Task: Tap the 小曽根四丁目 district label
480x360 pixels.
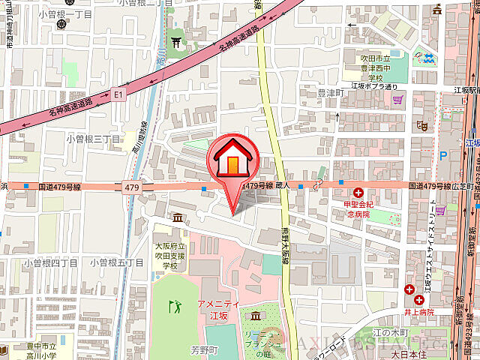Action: pos(50,262)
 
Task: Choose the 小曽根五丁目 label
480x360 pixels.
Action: pos(115,262)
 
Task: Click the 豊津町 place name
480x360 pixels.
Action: pos(330,93)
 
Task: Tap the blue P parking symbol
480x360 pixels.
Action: pos(442,156)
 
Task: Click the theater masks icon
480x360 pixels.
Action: pos(422,126)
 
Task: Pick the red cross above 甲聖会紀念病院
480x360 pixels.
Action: pos(358,193)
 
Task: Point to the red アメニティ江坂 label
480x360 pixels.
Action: pos(217,309)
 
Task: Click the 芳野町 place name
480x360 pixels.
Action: pos(202,349)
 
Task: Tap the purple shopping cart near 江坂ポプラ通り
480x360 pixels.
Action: pos(398,98)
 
